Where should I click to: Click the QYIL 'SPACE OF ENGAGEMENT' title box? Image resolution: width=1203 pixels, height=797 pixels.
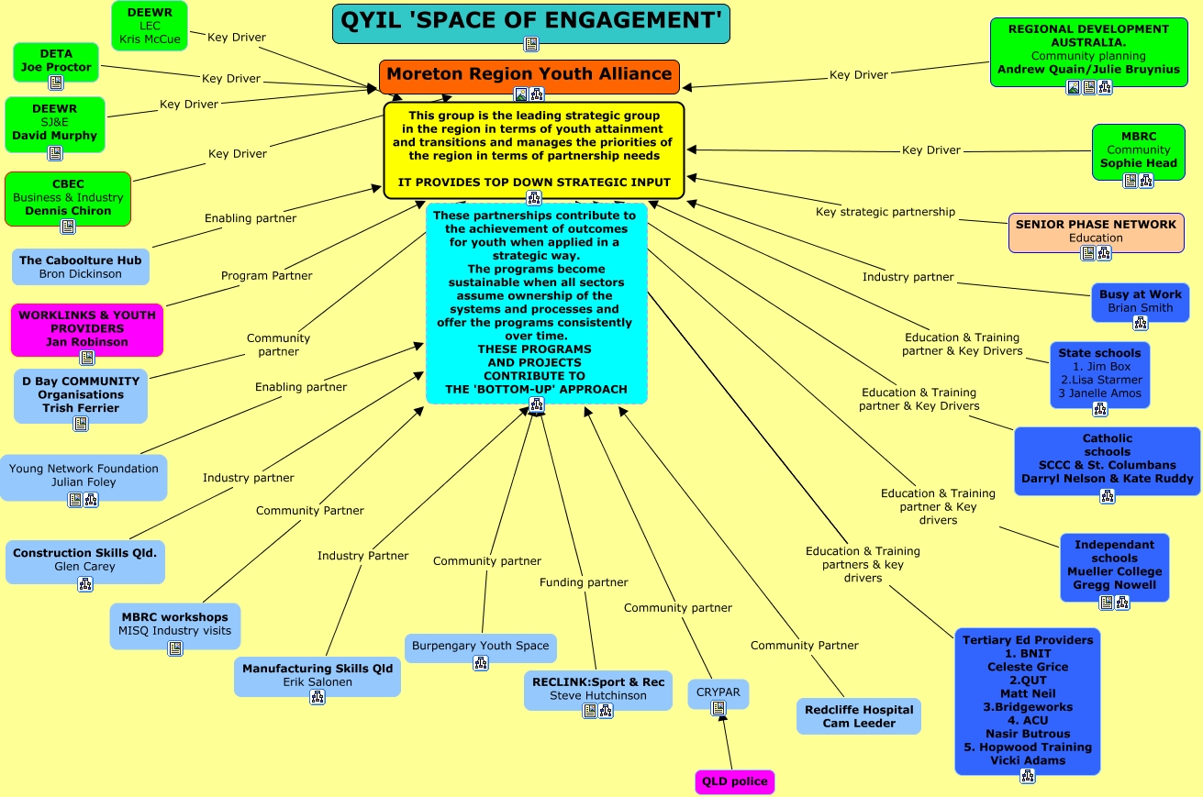(x=530, y=20)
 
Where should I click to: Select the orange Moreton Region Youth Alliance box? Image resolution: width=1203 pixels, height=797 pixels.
(x=529, y=74)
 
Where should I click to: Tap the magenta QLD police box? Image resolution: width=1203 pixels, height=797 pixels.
(x=734, y=781)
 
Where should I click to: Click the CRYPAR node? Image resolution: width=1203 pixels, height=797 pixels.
(x=718, y=692)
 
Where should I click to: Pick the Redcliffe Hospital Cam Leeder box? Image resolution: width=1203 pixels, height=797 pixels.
(x=858, y=715)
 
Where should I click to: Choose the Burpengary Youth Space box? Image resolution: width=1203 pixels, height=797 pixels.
(x=480, y=647)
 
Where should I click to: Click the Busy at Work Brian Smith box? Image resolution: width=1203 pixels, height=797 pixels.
(x=1140, y=301)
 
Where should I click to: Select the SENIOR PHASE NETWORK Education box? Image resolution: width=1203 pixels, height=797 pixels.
(x=1096, y=231)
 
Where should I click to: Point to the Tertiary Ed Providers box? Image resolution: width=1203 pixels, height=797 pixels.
(x=1027, y=700)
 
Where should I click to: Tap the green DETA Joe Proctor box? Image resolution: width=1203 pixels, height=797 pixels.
(x=55, y=61)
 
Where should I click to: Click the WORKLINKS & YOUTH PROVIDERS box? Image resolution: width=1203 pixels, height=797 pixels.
(x=87, y=328)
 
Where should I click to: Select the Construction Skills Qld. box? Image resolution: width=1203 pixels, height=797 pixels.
(x=84, y=560)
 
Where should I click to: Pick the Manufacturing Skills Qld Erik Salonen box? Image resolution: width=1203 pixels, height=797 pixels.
(x=317, y=675)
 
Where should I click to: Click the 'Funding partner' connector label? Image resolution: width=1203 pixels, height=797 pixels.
(x=584, y=582)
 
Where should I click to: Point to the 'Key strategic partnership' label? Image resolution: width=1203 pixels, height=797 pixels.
(x=886, y=212)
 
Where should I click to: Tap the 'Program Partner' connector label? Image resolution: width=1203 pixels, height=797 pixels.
(x=266, y=275)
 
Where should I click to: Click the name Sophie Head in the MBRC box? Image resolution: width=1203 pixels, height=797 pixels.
(x=1138, y=163)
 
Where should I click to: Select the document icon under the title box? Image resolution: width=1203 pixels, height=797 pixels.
(x=530, y=44)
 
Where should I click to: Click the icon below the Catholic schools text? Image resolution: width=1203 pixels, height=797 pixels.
(x=1108, y=496)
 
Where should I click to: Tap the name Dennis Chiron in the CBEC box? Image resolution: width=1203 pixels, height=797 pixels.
(x=68, y=210)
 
